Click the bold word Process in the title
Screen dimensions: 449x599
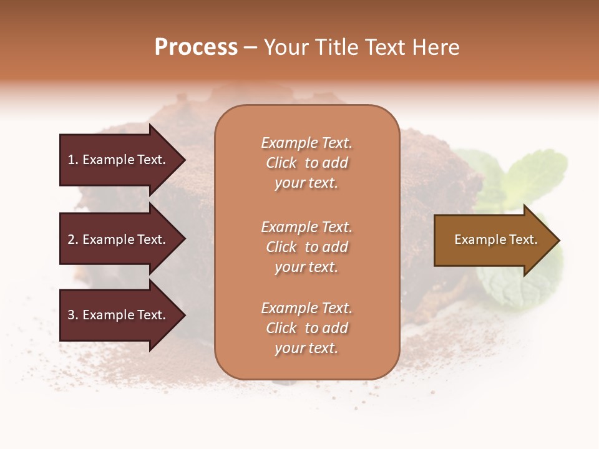click(196, 47)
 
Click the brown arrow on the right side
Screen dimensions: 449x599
click(493, 240)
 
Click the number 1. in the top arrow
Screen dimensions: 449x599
click(72, 160)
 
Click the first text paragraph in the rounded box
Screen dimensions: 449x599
click(306, 163)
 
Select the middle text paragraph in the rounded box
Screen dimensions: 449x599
click(306, 247)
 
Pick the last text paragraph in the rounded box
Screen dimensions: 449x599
click(306, 328)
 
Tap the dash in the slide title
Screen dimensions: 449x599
click(250, 48)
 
